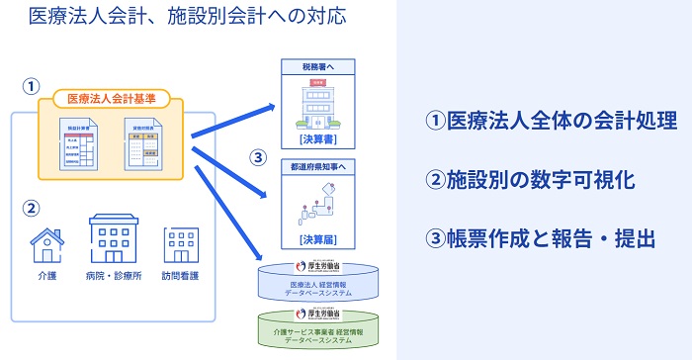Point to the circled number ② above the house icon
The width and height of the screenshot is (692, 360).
coord(31,208)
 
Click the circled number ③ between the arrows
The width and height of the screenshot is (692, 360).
coord(258,157)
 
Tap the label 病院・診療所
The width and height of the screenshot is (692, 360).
coord(112,276)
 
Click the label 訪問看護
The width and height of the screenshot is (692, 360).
coord(181,276)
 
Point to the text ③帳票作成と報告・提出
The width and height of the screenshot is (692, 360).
coord(540,238)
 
